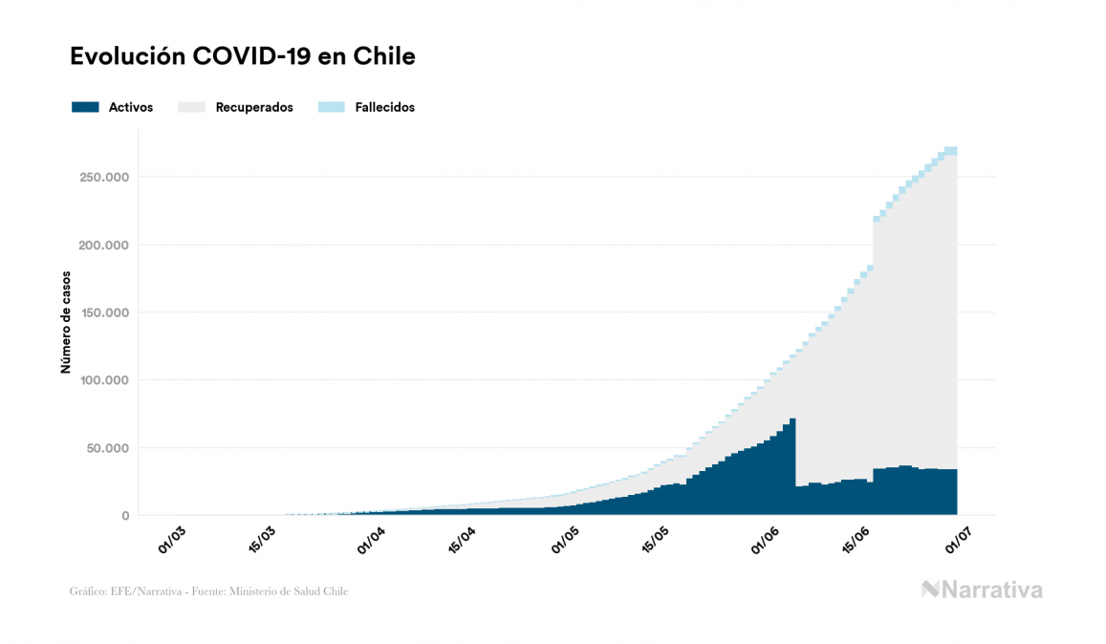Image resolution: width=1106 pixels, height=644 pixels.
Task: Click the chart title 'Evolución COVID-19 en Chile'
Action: point(243,56)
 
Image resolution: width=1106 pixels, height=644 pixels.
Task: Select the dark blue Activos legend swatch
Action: point(85,107)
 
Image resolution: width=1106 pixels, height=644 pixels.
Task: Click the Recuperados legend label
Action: point(254,107)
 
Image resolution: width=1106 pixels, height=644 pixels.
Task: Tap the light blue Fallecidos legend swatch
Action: point(332,107)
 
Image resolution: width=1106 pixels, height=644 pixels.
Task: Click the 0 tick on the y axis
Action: point(124,516)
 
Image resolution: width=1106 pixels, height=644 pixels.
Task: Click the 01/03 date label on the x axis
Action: point(172,539)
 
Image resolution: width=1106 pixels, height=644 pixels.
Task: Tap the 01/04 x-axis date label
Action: point(371,539)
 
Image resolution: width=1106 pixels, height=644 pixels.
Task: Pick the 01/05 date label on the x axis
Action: point(564,539)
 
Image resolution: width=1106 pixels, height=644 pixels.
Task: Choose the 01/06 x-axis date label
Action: point(765,539)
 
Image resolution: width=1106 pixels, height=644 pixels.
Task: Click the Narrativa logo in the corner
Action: point(982,590)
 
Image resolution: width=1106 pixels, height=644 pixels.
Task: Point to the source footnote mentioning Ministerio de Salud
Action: point(208,591)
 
